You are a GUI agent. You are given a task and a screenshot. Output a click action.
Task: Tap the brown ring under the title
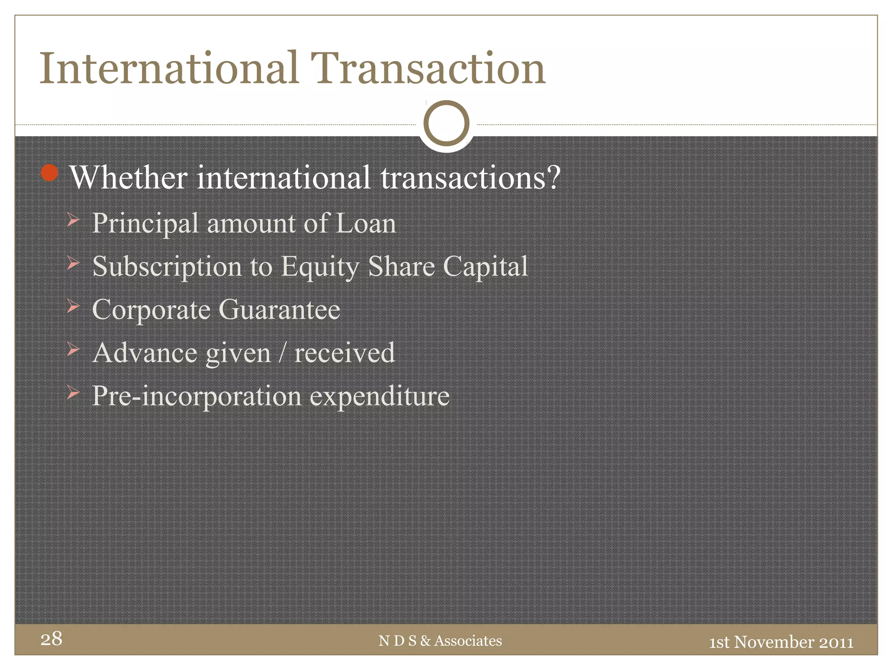pos(446,123)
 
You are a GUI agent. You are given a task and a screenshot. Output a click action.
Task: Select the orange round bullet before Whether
pos(49,173)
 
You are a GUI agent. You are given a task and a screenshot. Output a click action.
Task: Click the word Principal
pos(146,224)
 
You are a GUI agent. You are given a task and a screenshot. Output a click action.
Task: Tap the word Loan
pos(366,223)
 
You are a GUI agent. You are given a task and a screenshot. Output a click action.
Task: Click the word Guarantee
pos(279,310)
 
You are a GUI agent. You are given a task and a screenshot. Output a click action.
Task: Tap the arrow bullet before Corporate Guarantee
pos(73,306)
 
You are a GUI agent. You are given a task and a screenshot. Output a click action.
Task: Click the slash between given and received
pos(283,353)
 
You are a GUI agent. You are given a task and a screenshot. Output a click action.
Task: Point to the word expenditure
pos(379,397)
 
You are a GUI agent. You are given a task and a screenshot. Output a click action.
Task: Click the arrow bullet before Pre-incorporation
pos(73,393)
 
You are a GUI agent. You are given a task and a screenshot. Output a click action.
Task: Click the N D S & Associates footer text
pos(440,641)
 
